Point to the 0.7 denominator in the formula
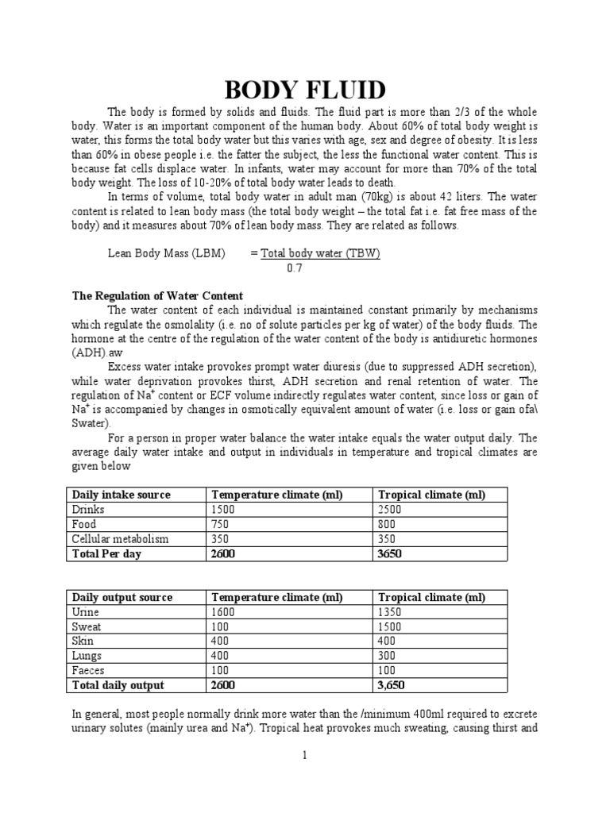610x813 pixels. pos(295,268)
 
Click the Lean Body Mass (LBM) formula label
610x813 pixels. pos(167,253)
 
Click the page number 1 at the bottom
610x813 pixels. pos(304,755)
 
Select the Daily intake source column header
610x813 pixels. pos(122,495)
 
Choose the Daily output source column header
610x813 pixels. pos(122,597)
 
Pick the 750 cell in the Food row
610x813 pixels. pos(220,524)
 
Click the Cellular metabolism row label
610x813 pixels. pos(121,539)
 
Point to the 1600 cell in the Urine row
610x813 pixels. pos(223,612)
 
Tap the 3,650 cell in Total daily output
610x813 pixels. pos(392,685)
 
